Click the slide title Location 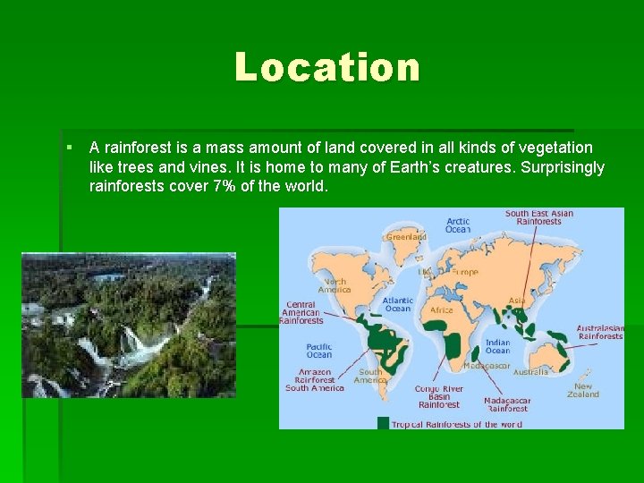[x=326, y=67]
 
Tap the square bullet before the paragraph [x=69, y=147]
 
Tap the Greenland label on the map [x=406, y=237]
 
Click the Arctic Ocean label [x=458, y=225]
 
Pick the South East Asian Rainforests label [x=539, y=217]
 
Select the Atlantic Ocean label [x=398, y=304]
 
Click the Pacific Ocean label [x=319, y=350]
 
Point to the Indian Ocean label [x=497, y=346]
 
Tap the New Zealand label [x=583, y=390]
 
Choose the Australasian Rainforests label [x=599, y=332]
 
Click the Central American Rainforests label [x=301, y=312]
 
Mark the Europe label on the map [x=464, y=272]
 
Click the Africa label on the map [x=442, y=310]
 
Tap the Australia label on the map [x=530, y=371]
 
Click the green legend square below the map [x=384, y=423]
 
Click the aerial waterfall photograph [x=129, y=325]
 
